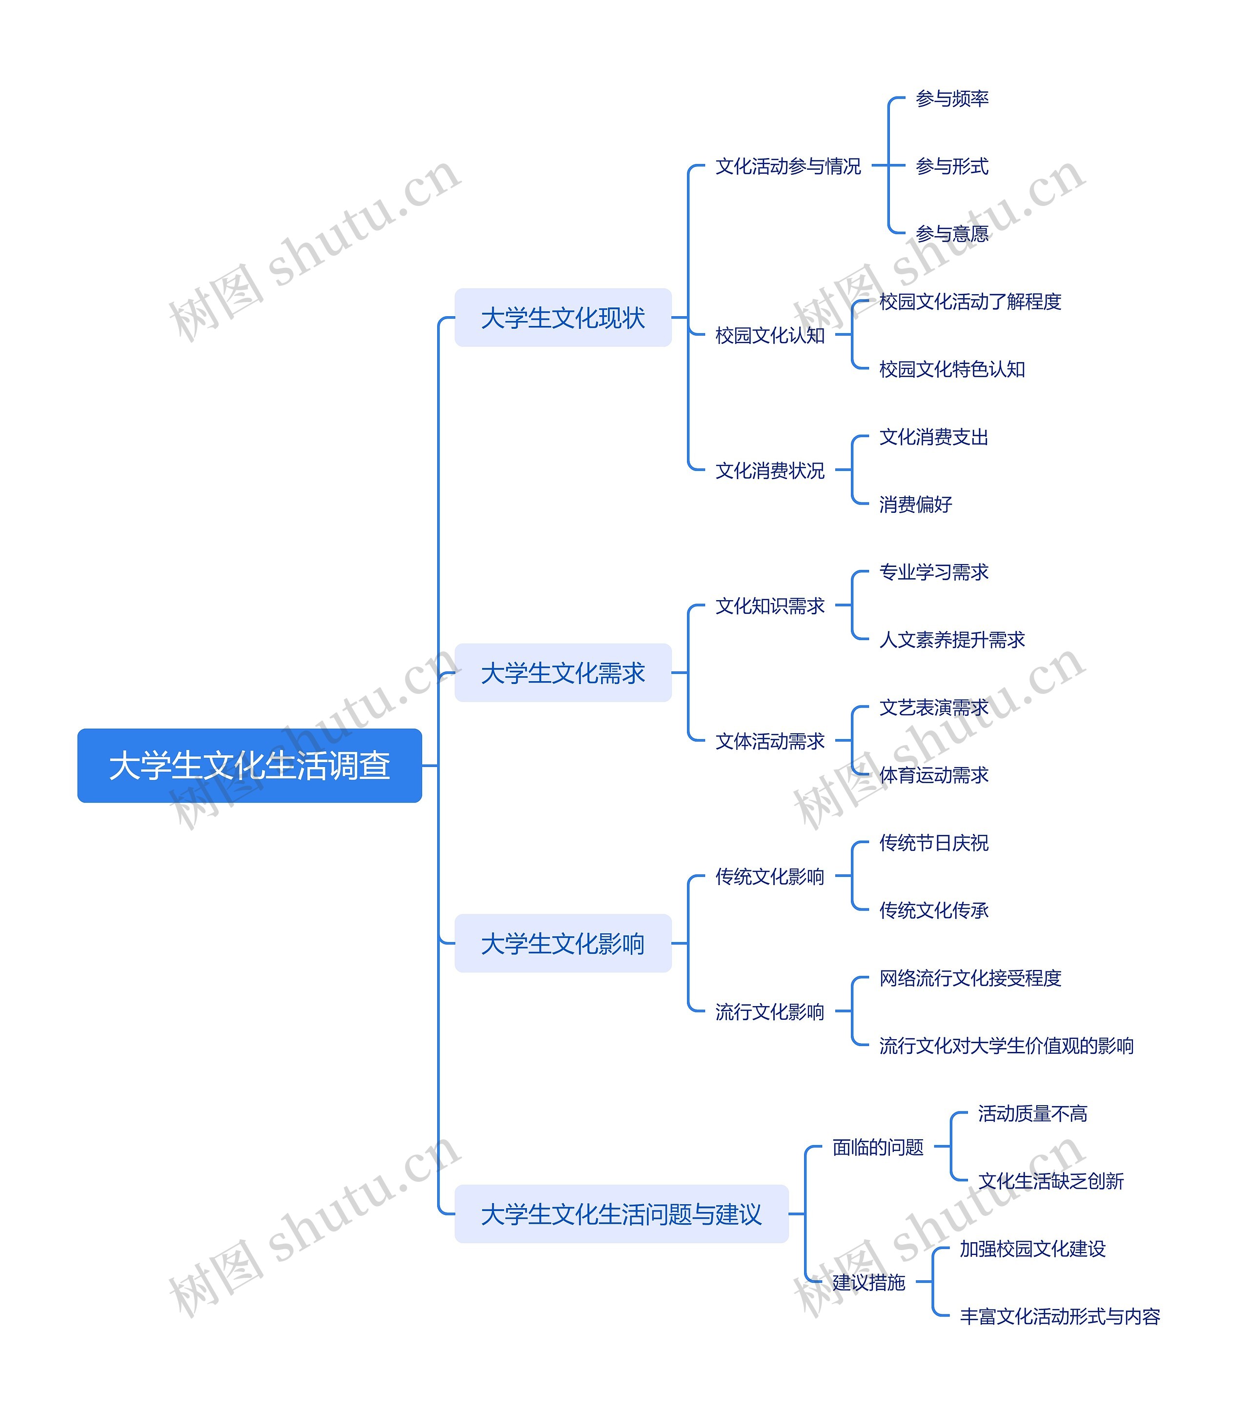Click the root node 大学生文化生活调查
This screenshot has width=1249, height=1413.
pos(249,765)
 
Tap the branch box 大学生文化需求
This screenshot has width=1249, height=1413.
pos(563,673)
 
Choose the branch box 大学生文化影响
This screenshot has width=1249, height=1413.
pos(563,943)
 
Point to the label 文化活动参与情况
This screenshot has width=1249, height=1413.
pos(788,166)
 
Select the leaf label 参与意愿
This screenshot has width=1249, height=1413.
pos(952,234)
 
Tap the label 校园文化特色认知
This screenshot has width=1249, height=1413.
pos(952,369)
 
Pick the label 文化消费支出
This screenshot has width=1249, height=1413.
pos(933,437)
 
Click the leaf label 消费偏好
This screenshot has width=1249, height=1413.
pos(915,504)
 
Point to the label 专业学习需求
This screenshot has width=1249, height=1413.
pos(933,572)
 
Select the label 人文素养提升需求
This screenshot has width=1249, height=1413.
pos(952,640)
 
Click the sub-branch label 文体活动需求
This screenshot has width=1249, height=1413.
pos(770,741)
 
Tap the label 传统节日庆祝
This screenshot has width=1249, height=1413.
pos(933,843)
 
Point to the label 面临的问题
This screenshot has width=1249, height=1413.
pos(878,1147)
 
